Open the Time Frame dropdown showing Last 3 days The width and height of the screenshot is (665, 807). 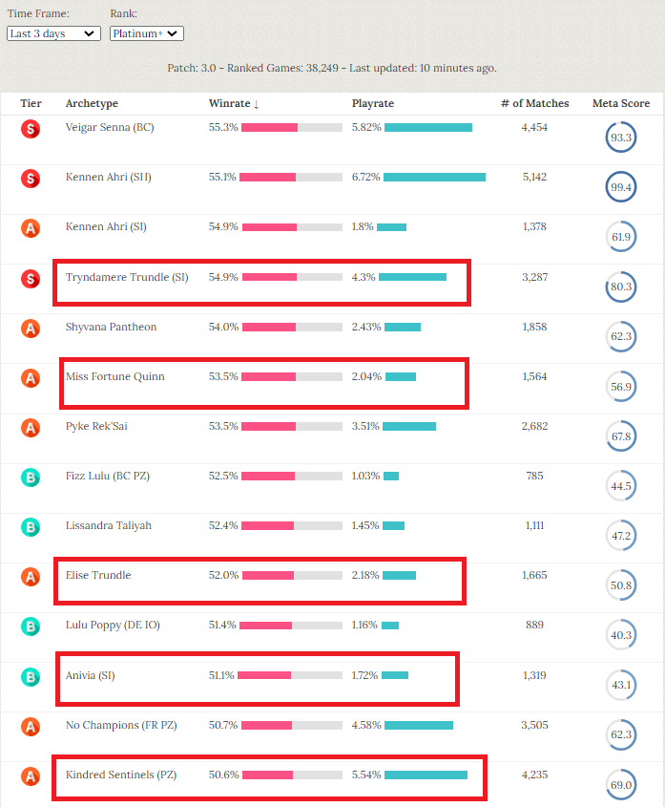(x=53, y=33)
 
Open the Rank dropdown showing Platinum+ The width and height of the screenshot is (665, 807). (x=146, y=33)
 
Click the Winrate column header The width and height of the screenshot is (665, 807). (x=233, y=103)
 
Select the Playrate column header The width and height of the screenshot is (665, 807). (x=373, y=103)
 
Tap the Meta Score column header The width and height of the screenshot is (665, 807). (x=621, y=103)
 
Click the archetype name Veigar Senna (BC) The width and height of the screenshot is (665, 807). (x=110, y=127)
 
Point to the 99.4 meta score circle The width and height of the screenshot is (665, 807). (x=620, y=188)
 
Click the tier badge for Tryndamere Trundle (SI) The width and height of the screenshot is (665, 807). (x=31, y=278)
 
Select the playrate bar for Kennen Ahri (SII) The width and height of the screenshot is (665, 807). (x=434, y=177)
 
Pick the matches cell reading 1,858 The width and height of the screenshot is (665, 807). (x=534, y=327)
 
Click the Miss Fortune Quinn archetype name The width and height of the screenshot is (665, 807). (x=114, y=376)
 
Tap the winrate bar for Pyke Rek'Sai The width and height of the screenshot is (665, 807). (x=292, y=426)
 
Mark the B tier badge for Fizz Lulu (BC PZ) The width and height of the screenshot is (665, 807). (x=31, y=477)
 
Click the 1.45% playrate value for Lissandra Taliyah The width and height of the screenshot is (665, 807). (x=365, y=525)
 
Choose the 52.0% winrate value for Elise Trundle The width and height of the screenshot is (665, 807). (x=223, y=575)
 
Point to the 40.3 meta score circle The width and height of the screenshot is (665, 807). (x=620, y=635)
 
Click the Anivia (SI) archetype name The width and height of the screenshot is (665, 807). (x=90, y=675)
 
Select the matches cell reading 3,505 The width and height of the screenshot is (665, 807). (x=534, y=725)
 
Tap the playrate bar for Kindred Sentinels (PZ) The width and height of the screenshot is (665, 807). (x=426, y=775)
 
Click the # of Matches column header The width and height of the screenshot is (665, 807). (x=534, y=103)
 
